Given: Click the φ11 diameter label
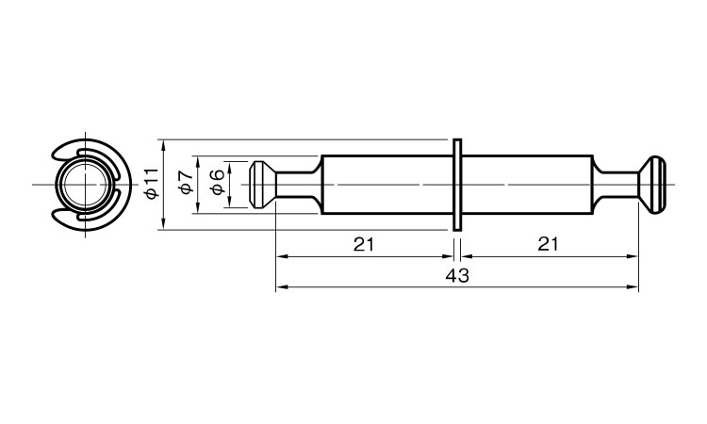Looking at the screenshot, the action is pyautogui.click(x=152, y=184).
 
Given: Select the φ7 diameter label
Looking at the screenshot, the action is pyautogui.click(x=187, y=183).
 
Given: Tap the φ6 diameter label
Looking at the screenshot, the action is pyautogui.click(x=218, y=183).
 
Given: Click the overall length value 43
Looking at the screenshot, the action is pyautogui.click(x=457, y=275).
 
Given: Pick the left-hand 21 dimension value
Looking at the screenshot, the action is pyautogui.click(x=364, y=245).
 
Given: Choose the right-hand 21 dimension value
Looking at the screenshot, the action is pyautogui.click(x=548, y=244).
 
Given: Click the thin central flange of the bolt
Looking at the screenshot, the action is pyautogui.click(x=457, y=185).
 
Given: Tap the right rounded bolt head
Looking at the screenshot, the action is pyautogui.click(x=652, y=185).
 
